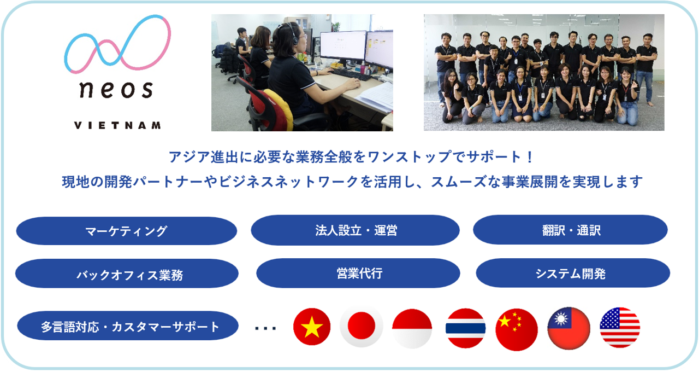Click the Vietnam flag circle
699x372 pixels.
312,327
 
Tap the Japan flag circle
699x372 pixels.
361,326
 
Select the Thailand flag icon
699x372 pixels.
465,328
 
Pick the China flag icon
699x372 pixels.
517,329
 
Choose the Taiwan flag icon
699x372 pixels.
568,328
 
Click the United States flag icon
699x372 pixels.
620,328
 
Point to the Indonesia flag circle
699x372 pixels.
412,329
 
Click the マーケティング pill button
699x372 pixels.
126,231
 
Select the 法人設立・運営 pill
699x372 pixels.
355,230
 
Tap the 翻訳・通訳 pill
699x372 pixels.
570,230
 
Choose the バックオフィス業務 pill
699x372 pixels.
127,274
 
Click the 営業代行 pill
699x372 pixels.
358,273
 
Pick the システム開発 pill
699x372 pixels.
573,273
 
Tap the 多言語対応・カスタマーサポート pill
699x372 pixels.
128,326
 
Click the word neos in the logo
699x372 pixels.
116,89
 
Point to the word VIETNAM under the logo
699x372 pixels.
117,125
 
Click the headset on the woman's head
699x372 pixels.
292,34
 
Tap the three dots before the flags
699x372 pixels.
265,328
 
